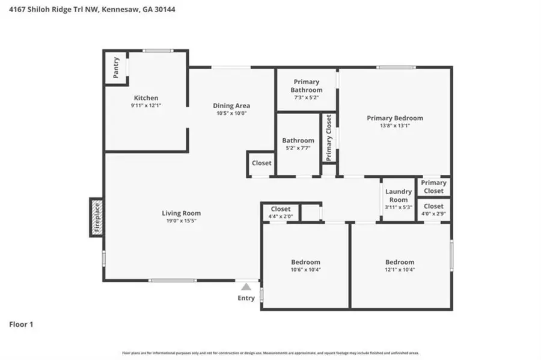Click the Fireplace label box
96,217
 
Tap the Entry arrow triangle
246,287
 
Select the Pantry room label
116,68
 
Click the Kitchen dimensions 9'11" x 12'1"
146,105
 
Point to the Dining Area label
231,106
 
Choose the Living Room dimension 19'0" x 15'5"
181,221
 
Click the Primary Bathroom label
307,86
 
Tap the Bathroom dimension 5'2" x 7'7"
298,148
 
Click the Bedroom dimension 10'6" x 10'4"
306,270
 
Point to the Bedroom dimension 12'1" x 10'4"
400,270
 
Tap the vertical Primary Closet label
329,138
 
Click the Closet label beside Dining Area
261,163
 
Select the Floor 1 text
21,325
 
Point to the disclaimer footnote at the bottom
270,353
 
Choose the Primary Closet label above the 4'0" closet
433,186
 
